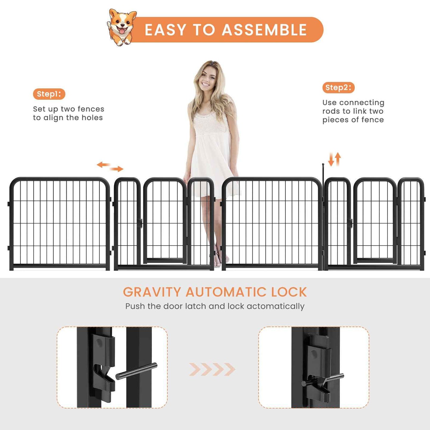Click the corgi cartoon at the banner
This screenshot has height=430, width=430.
click(x=122, y=27)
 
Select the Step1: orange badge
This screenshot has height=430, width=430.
click(x=49, y=94)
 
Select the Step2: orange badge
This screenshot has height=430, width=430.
click(x=338, y=87)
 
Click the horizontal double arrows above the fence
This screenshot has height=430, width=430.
click(x=110, y=167)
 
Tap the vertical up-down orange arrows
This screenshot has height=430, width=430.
click(x=334, y=160)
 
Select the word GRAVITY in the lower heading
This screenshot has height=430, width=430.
click(x=152, y=292)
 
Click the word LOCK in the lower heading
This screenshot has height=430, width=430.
click(x=289, y=292)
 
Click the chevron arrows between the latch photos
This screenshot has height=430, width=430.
click(x=212, y=369)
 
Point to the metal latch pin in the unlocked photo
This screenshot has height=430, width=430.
click(x=136, y=371)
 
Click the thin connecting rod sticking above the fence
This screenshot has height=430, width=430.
click(x=323, y=176)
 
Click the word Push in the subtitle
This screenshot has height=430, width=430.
click(x=135, y=306)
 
